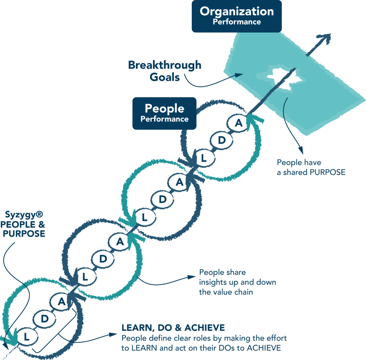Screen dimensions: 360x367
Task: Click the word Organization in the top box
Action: click(237, 11)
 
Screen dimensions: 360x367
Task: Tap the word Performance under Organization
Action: click(237, 22)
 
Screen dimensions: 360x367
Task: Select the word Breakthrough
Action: click(165, 66)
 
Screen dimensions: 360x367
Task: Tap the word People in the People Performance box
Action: click(164, 108)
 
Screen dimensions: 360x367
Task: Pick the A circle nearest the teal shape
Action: click(239, 122)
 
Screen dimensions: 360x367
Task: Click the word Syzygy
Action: click(21, 215)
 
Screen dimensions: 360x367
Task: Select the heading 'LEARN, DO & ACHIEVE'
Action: click(173, 328)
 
